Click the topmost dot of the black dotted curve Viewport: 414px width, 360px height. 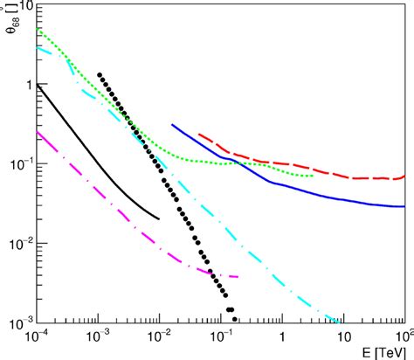pos(100,75)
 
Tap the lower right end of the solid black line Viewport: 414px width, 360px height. pos(158,218)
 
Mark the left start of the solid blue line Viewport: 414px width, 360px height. pos(172,125)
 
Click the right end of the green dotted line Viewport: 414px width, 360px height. pos(313,176)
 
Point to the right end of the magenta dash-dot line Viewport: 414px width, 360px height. pos(237,277)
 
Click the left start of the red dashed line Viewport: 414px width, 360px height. pos(199,135)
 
